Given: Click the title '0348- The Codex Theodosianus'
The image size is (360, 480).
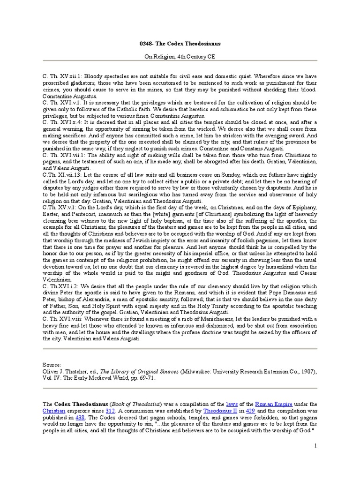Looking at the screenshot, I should tap(180, 43).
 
